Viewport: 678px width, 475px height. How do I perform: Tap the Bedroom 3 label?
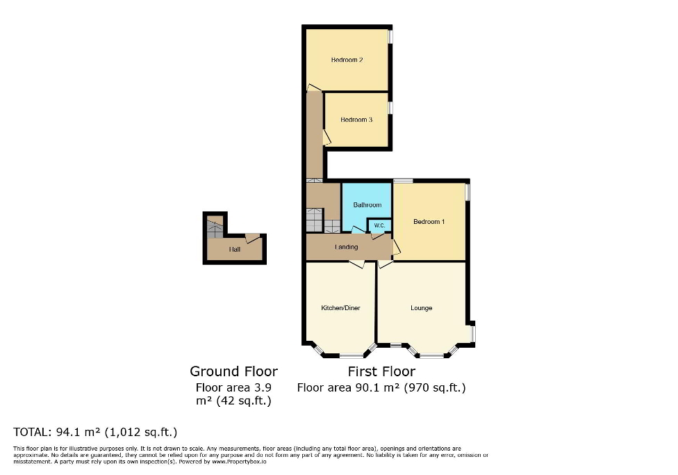tap(356, 120)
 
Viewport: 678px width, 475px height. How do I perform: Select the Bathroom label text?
tap(367, 205)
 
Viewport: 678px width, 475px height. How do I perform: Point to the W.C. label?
tap(379, 225)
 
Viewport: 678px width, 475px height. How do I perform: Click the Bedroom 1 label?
tap(429, 222)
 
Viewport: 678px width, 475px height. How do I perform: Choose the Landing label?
tap(347, 247)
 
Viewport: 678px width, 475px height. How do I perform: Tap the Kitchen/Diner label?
tap(340, 308)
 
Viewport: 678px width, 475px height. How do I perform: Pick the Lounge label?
tap(422, 308)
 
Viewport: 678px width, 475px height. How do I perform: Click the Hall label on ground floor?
tap(235, 249)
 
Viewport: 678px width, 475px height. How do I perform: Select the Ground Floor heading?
tap(233, 371)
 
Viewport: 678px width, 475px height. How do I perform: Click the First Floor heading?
tap(381, 371)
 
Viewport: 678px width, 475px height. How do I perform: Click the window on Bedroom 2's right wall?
tap(390, 36)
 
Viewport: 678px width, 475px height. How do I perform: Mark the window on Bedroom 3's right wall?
tap(390, 108)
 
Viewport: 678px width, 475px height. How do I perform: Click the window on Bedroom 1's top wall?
tap(402, 181)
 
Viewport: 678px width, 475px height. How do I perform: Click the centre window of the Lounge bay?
tap(431, 356)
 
